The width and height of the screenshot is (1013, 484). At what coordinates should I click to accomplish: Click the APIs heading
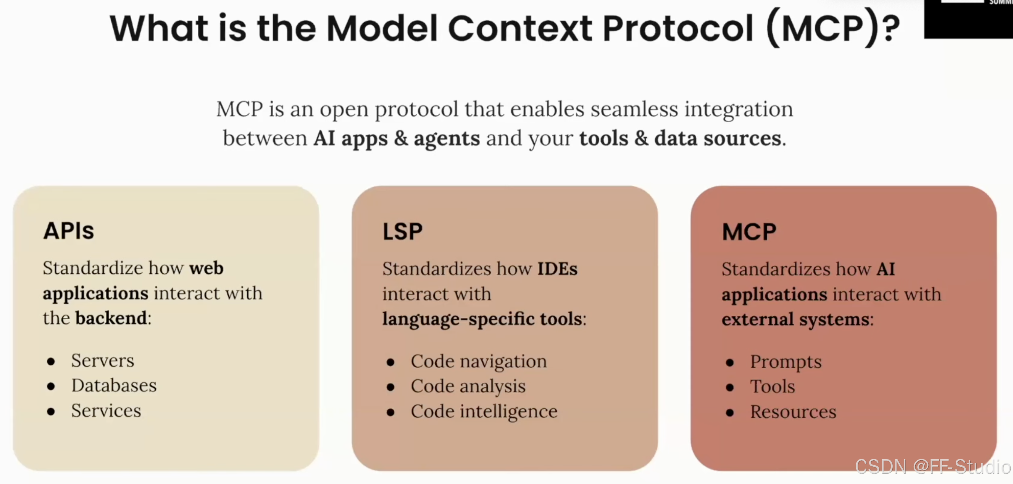point(68,231)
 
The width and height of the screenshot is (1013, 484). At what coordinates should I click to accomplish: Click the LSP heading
point(402,231)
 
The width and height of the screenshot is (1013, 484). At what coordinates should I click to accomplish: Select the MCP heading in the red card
point(749,232)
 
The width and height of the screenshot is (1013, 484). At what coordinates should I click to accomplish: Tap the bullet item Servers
point(103,361)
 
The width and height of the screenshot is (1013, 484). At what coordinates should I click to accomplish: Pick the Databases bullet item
point(114,385)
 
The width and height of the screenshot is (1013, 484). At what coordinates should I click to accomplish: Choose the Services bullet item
point(106,410)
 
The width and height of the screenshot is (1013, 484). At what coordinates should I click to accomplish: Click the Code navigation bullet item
point(479,362)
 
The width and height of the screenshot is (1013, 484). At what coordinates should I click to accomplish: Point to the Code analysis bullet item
point(468,387)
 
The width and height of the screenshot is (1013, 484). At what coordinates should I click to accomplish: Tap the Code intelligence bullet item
point(484,411)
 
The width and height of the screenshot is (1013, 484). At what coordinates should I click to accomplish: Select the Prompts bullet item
point(786,362)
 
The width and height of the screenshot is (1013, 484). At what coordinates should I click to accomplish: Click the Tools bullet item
point(772,387)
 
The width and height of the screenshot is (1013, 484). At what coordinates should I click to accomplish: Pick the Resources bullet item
point(793,411)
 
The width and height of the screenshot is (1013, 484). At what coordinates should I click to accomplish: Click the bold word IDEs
point(557,269)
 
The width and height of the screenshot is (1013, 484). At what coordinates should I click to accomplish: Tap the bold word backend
point(111,318)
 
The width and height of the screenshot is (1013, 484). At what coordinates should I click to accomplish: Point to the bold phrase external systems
point(795,319)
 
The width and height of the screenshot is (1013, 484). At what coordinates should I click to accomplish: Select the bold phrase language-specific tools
point(482,319)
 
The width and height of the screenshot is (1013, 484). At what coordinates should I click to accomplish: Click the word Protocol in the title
point(678,28)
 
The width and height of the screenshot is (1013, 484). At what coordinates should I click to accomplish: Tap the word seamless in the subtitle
point(634,109)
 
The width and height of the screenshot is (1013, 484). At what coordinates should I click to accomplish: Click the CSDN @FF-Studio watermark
point(933,467)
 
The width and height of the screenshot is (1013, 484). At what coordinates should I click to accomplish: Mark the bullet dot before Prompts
point(730,363)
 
